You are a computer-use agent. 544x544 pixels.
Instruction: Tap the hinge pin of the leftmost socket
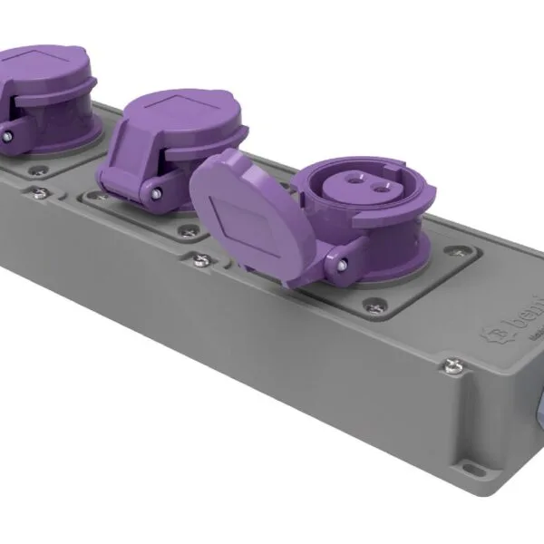click(8, 135)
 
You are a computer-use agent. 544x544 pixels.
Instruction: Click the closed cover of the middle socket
click(172, 136)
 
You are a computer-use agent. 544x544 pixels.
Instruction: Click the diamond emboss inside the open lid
click(238, 218)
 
